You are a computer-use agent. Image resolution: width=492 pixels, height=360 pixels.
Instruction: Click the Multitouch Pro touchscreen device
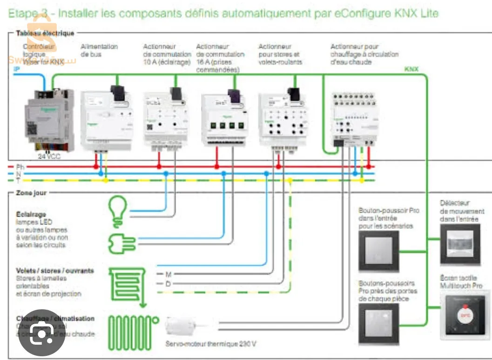(x=465, y=314)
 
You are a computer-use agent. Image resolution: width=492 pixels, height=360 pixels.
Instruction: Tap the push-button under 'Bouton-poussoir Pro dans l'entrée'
(x=378, y=251)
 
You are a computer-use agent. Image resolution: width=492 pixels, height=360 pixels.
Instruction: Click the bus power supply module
(x=106, y=120)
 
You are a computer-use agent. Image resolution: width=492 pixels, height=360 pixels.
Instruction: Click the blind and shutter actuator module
(x=282, y=119)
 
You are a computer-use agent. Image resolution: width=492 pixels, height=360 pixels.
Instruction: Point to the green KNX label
(x=411, y=69)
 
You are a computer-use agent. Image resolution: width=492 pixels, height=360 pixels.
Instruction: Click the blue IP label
(x=17, y=68)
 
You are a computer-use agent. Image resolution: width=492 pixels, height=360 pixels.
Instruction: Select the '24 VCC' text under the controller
(x=49, y=157)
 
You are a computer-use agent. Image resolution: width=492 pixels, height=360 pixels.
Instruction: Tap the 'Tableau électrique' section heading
(x=45, y=33)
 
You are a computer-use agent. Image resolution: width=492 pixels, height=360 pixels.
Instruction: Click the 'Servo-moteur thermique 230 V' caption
(x=210, y=344)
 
